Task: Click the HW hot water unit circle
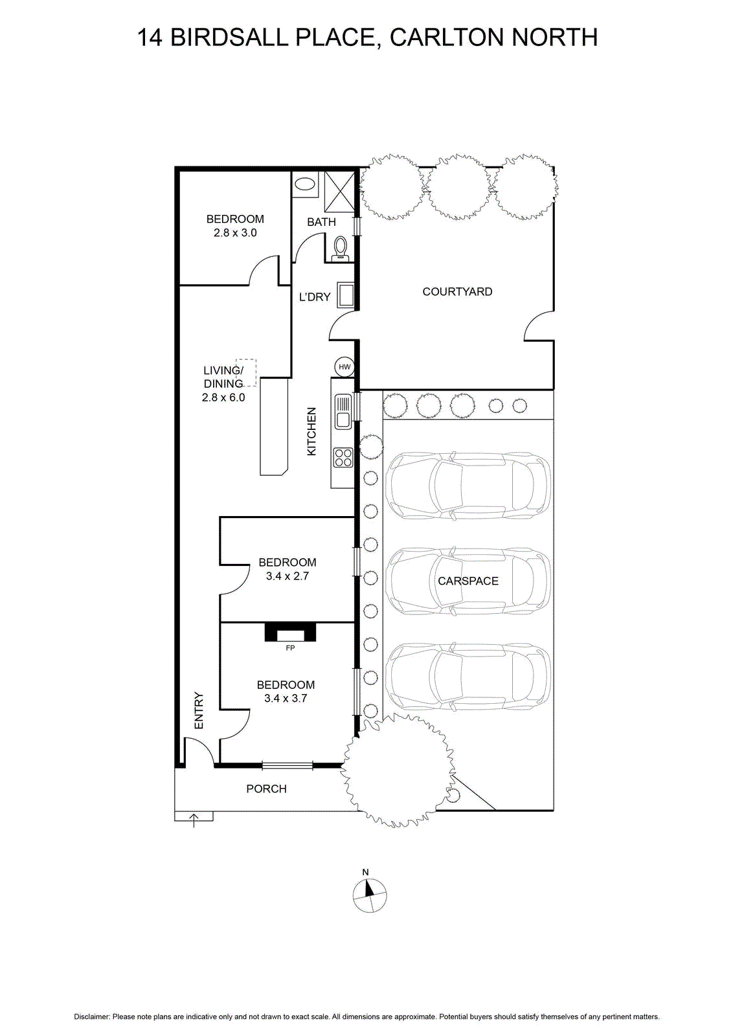click(344, 366)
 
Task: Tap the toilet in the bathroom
click(341, 249)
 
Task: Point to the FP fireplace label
click(290, 648)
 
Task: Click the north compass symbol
click(370, 896)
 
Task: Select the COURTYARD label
click(457, 292)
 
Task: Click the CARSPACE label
click(468, 581)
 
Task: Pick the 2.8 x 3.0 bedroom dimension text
click(235, 232)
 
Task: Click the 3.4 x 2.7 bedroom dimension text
click(288, 576)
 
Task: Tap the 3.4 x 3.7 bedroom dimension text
click(286, 699)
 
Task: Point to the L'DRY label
click(315, 297)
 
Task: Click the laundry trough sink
click(346, 295)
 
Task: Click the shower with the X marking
click(339, 190)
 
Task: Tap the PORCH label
click(266, 789)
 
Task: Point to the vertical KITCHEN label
click(311, 431)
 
